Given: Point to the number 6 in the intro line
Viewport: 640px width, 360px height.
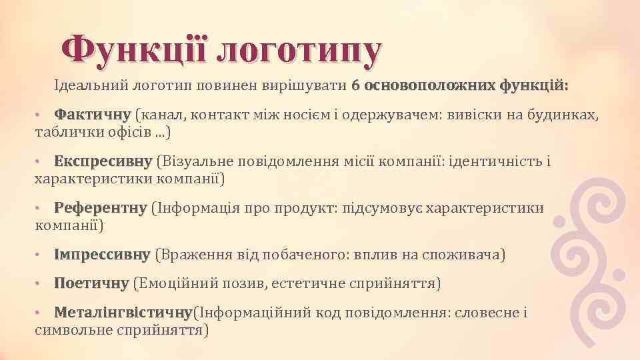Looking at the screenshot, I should pos(356,86).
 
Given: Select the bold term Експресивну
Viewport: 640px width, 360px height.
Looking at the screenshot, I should pos(103,162).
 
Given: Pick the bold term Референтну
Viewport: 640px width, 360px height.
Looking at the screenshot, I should pos(100,209).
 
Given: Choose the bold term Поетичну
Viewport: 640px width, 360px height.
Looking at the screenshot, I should pos(91,284).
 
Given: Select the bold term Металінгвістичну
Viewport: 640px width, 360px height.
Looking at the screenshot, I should pos(123,313).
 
